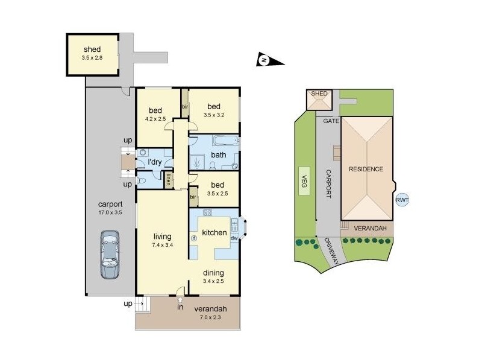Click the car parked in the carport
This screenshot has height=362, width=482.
click(110, 255)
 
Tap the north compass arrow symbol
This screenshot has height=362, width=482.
click(264, 59)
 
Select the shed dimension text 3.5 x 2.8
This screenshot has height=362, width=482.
click(92, 58)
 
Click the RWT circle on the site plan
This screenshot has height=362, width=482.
click(402, 201)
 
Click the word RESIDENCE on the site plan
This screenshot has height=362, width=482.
click(366, 169)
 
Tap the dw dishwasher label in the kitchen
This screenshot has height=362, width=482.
click(234, 238)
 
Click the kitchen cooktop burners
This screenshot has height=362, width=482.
click(208, 212)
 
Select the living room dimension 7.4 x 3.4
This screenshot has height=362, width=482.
click(163, 246)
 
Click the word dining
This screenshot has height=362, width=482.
click(214, 272)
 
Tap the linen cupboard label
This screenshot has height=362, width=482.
click(170, 179)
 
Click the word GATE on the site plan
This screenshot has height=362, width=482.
click(331, 121)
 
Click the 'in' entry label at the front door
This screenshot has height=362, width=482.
click(179, 308)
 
